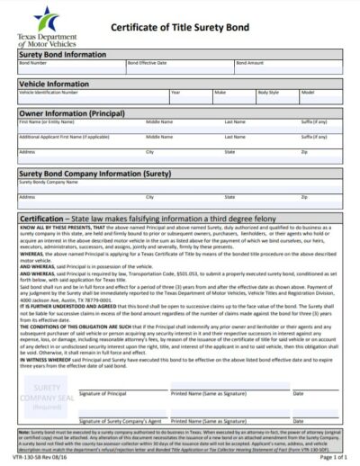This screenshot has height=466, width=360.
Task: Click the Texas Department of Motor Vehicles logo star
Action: tap(42, 16)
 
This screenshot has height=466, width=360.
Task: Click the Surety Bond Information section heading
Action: tap(62, 54)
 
